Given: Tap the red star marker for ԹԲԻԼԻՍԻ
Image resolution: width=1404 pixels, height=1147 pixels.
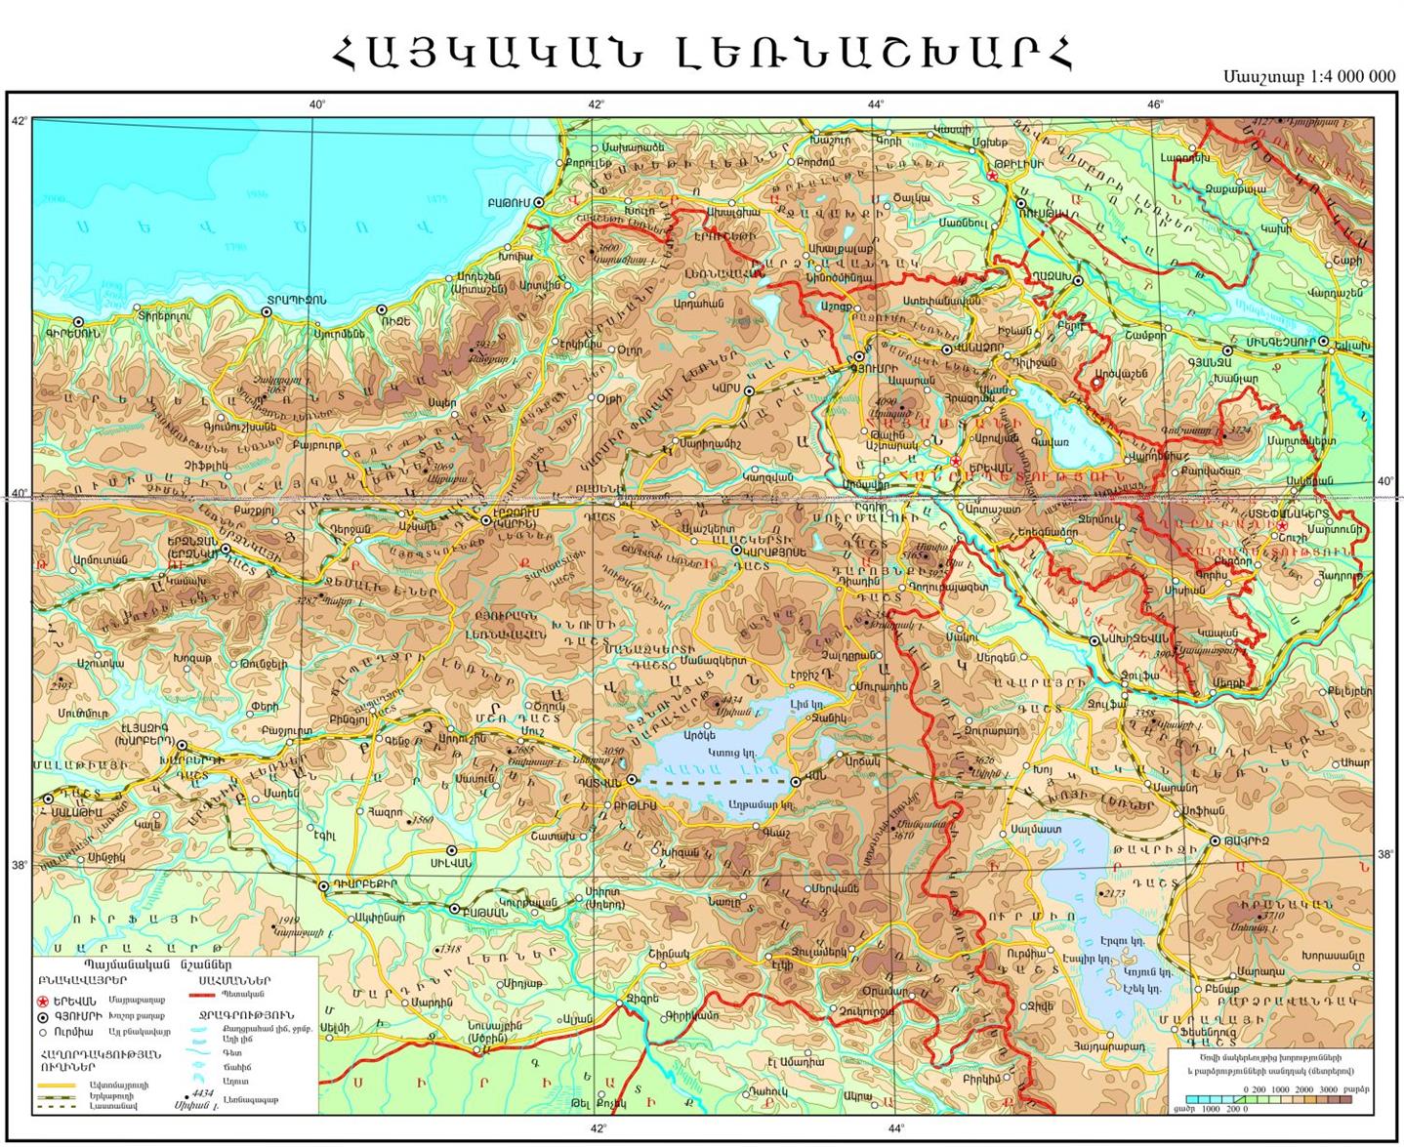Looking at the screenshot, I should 992,176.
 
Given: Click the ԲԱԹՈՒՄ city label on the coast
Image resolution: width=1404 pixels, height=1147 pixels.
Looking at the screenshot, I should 508,202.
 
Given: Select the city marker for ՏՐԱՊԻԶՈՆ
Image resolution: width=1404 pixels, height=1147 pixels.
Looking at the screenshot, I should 267,311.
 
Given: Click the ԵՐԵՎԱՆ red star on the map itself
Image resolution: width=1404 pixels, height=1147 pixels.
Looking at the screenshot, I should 956,461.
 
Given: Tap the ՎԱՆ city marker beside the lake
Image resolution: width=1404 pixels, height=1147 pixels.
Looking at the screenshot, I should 796,781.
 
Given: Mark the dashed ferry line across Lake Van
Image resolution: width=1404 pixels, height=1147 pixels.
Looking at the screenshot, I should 713,782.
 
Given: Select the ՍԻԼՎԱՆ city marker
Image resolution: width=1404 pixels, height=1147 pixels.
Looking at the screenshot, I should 452,849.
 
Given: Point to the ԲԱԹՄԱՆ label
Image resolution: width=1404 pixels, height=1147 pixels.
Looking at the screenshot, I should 484,909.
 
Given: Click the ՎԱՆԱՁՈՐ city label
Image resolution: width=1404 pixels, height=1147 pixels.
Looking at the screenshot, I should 977,348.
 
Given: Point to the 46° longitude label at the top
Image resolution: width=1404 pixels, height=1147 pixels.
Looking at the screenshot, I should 1156,104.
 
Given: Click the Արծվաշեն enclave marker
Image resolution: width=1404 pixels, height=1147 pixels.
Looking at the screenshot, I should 1095,385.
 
